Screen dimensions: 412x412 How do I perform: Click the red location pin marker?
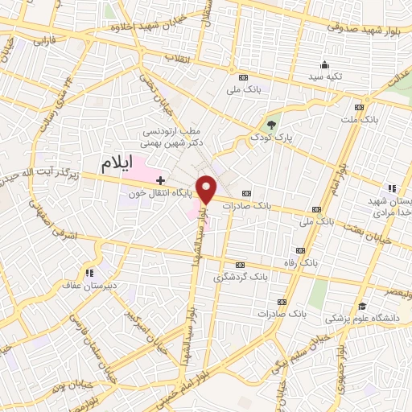207,189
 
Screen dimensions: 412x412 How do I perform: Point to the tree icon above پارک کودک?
271,125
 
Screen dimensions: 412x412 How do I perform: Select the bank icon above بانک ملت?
359,105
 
